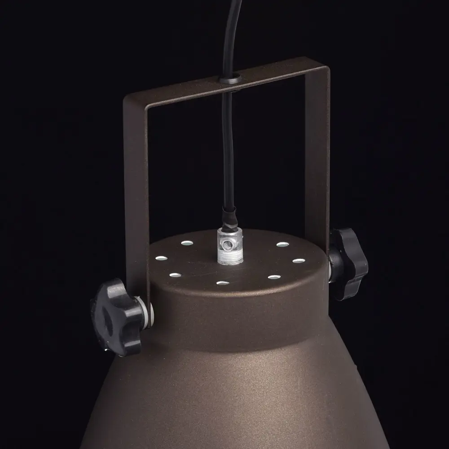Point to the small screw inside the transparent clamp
[x=229, y=243]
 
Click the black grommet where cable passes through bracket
[x=230, y=80]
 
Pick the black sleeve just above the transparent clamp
[x=229, y=216]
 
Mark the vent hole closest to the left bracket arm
[x=161, y=258]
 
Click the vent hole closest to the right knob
[x=299, y=260]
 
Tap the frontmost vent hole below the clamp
[x=223, y=283]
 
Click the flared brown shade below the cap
[x=233, y=395]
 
